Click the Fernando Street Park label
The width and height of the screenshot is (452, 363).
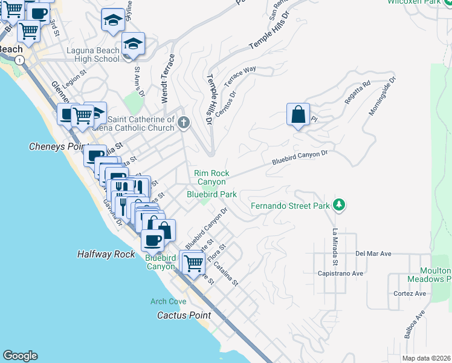click(291, 206)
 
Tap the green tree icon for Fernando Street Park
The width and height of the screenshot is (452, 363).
click(340, 205)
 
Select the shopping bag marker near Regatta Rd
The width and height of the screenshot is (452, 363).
click(299, 114)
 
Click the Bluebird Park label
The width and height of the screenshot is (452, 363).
click(211, 194)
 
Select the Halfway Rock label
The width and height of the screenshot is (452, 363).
click(106, 254)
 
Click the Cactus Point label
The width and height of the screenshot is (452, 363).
click(184, 315)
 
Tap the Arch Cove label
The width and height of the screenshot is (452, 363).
click(169, 301)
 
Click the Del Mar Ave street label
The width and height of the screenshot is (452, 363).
click(374, 253)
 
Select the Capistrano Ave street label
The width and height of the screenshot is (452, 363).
click(340, 273)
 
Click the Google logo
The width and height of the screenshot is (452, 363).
click(20, 356)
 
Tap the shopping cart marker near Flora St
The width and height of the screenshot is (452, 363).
click(193, 263)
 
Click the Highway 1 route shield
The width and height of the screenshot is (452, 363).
click(20, 60)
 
